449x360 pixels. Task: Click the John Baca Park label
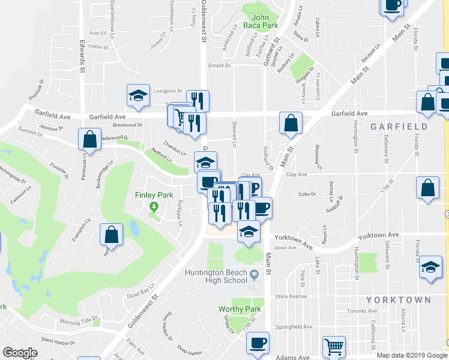(x=264, y=22)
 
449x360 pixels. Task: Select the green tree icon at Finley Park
(x=154, y=207)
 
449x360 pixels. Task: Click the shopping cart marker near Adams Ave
(x=334, y=346)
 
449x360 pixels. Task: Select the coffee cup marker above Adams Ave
(x=259, y=343)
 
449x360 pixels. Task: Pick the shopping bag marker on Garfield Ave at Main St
(x=291, y=124)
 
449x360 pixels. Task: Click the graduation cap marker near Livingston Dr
(x=138, y=95)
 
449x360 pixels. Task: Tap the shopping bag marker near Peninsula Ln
(x=89, y=139)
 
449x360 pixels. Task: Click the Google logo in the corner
(x=20, y=353)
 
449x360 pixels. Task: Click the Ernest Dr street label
(x=219, y=65)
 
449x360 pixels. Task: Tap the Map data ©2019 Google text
(x=411, y=355)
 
